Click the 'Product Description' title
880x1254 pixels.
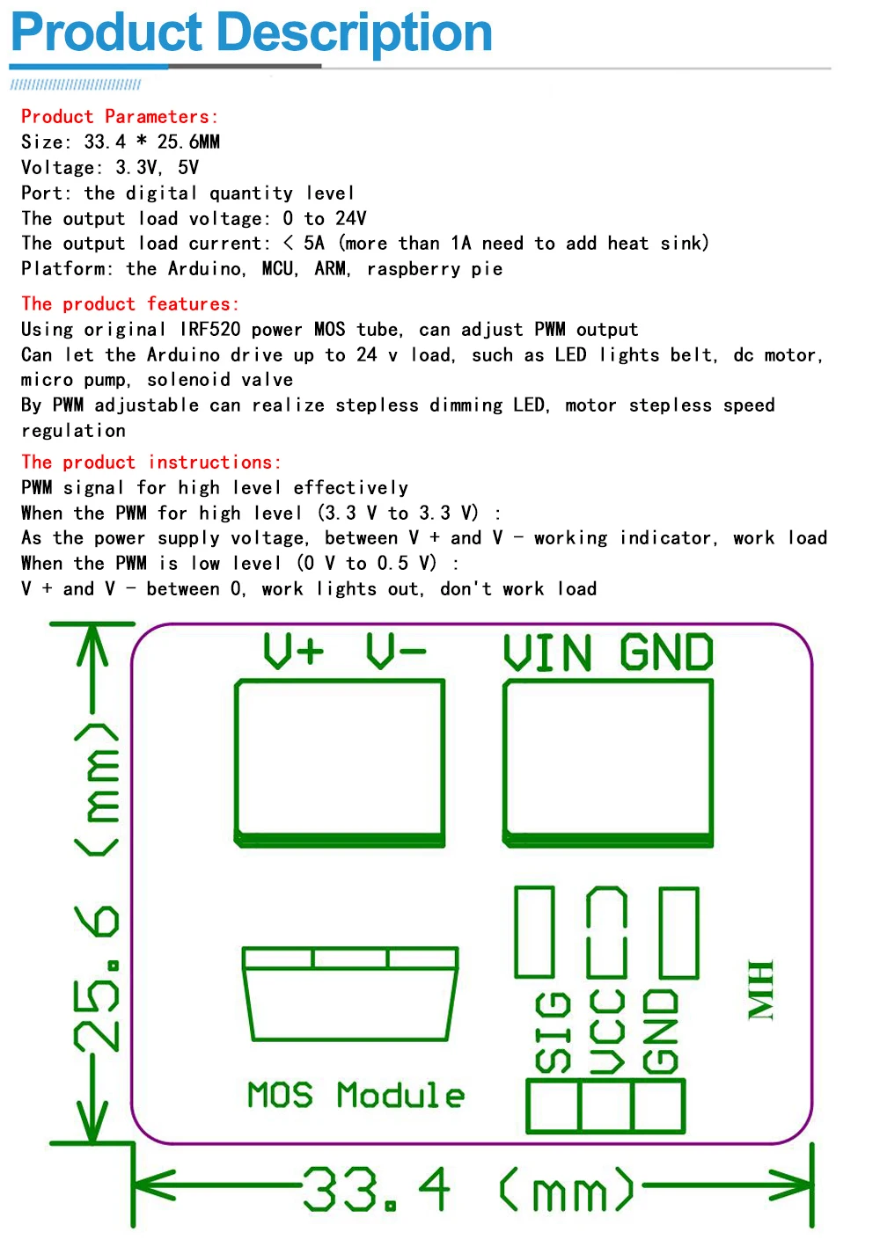(251, 33)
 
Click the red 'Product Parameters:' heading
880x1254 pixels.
(120, 117)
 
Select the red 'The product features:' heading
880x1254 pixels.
(129, 304)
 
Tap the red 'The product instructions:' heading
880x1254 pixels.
(150, 463)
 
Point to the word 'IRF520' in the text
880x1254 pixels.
(209, 330)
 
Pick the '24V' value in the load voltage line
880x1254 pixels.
(350, 219)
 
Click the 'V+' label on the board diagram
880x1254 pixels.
(293, 652)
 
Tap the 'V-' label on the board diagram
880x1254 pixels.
(396, 652)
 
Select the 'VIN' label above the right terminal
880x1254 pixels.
(546, 653)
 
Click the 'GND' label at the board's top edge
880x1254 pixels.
(666, 653)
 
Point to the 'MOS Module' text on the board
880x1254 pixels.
(356, 1096)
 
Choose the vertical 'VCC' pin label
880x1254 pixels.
(607, 1032)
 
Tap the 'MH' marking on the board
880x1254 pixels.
(760, 990)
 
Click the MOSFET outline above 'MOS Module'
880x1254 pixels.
(350, 995)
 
